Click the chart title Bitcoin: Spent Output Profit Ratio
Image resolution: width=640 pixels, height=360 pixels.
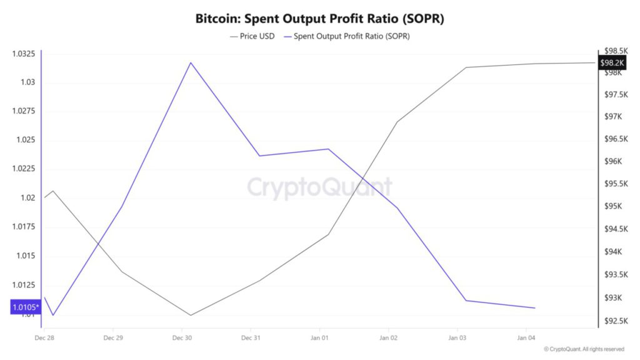point(320,19)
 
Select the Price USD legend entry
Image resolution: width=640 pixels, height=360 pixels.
point(252,36)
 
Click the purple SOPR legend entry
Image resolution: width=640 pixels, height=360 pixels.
point(347,36)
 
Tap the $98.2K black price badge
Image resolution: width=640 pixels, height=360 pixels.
point(612,63)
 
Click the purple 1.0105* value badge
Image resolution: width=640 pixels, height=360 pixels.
point(25,307)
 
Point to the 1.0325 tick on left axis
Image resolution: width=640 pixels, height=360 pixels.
point(24,54)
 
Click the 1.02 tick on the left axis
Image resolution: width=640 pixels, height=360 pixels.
point(27,198)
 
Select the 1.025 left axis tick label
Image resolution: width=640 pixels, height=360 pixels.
point(25,140)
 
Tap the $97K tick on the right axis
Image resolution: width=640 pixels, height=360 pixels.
point(615,117)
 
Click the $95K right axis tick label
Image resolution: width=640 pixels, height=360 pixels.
point(615,207)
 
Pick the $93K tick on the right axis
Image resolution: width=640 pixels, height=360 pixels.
point(615,297)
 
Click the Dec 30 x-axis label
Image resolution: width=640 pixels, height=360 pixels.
point(182,338)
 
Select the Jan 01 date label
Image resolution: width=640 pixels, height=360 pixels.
point(319,338)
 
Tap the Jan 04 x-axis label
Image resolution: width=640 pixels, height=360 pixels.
point(526,338)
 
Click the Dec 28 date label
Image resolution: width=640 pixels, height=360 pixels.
point(44,338)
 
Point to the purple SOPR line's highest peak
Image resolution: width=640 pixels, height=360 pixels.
point(191,62)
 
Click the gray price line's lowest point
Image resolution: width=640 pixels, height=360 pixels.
point(191,315)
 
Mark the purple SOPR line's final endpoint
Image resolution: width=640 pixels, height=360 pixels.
point(535,308)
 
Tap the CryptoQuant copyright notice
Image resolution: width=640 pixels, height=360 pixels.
point(584,349)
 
